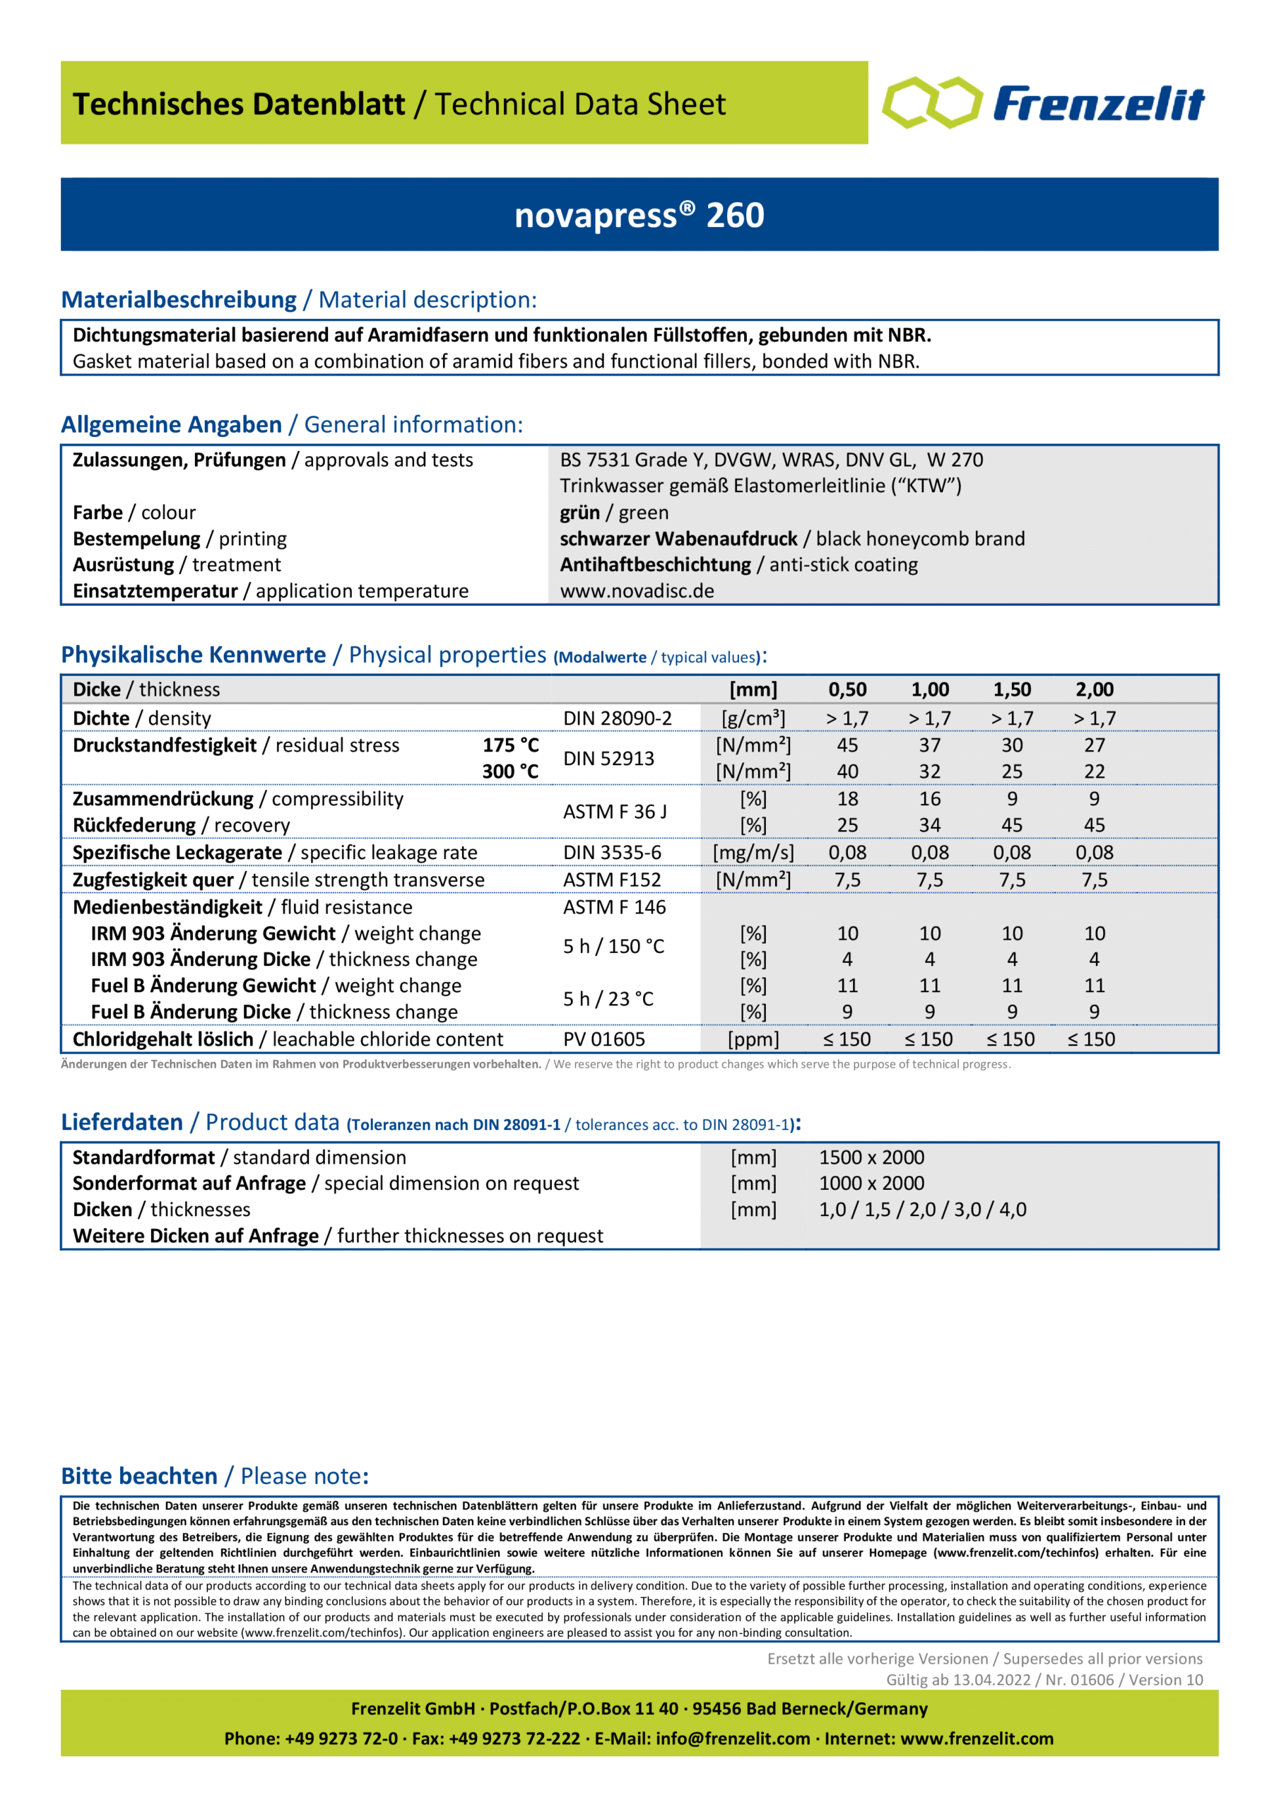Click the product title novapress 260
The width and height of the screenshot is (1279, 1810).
tap(639, 215)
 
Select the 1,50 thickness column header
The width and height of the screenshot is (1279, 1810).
tap(1012, 690)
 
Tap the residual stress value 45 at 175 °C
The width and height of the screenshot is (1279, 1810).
tap(847, 745)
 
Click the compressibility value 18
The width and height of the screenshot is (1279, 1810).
tap(847, 798)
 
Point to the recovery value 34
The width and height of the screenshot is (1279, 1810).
tap(929, 824)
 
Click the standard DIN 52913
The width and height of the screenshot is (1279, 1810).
tap(608, 759)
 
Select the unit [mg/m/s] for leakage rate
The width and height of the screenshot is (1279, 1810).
tap(753, 852)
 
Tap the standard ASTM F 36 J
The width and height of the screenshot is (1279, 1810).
tap(615, 811)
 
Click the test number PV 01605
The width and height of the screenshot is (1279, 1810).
tap(603, 1039)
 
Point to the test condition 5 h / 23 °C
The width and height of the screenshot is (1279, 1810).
tap(608, 999)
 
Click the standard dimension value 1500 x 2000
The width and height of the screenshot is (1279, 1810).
tap(871, 1157)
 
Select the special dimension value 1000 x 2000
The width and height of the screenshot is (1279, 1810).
tap(871, 1184)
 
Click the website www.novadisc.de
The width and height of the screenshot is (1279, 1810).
tap(637, 590)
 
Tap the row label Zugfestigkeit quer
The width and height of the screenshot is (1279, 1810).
tap(153, 880)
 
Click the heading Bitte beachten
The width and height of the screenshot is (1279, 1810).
tap(139, 1476)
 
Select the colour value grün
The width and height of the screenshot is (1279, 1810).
tap(579, 513)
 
